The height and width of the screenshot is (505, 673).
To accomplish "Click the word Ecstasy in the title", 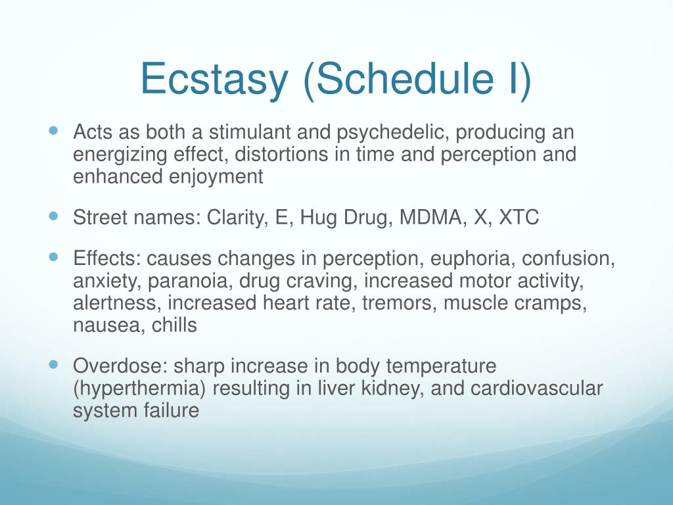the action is click(x=214, y=80).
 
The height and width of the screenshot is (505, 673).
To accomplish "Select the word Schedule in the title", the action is click(x=398, y=78).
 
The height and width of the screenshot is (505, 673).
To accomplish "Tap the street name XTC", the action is click(x=519, y=217).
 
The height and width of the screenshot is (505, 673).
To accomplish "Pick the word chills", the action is click(x=174, y=325).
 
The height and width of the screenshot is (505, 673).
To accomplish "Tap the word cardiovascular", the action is click(x=536, y=388).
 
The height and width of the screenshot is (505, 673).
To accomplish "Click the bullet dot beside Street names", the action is click(x=53, y=216).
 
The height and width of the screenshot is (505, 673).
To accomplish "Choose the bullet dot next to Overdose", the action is click(x=53, y=364).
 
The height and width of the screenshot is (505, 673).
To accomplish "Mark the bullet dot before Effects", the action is click(x=53, y=257).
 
